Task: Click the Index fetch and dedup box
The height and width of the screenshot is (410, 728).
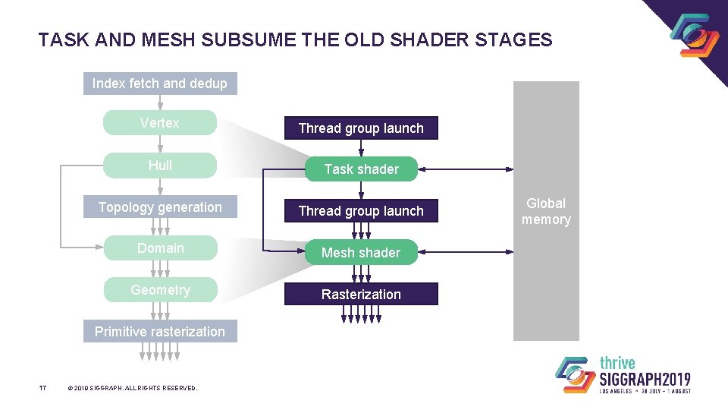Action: pos(159,84)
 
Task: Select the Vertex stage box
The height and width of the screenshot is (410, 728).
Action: pos(159,123)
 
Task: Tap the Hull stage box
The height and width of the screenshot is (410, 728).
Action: pos(159,166)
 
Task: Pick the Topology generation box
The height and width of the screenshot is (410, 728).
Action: pos(159,207)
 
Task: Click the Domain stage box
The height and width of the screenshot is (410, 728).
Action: pos(159,248)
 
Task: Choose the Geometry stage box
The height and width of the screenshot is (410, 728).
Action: pos(159,289)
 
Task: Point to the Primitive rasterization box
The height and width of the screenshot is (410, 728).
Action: pos(159,331)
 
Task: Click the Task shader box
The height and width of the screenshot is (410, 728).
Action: pos(361,169)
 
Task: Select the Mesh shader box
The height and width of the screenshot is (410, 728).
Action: pos(361,253)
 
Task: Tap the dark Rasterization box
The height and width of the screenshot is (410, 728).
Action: pos(361,294)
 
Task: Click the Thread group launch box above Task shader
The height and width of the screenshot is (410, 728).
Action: pos(361,128)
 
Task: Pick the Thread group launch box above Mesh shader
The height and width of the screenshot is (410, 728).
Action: pos(361,211)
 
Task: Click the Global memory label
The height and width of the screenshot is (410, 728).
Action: pos(546,211)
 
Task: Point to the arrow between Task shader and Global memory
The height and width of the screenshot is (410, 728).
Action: pos(466,169)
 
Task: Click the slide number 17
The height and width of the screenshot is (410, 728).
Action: pos(43,388)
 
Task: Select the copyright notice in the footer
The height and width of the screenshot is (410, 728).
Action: pos(132,388)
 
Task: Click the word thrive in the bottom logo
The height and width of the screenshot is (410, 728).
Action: pos(618,363)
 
